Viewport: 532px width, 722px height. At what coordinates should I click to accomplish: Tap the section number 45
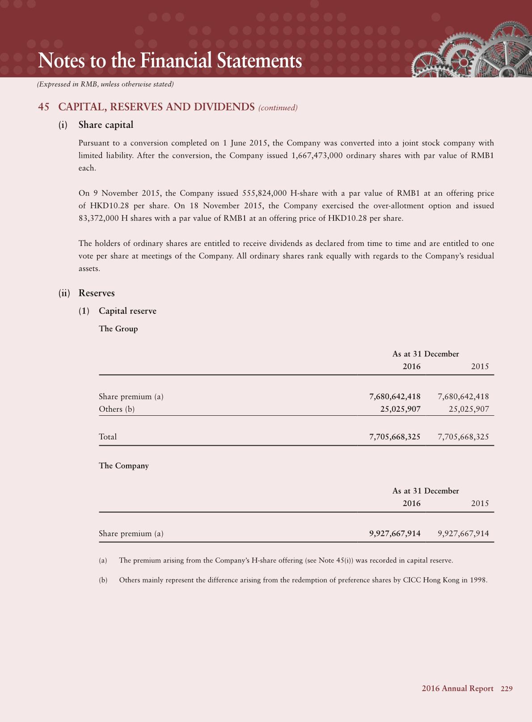coord(44,107)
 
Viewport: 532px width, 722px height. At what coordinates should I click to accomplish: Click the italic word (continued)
coord(278,108)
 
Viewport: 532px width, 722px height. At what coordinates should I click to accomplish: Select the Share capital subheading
coord(106,125)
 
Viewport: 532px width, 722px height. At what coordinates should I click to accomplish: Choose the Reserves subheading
coord(97,293)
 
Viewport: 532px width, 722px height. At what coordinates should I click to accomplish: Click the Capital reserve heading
coord(127,311)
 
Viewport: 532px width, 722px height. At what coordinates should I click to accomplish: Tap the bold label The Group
coord(118,329)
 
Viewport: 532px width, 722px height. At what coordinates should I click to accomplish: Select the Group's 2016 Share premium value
coord(395,397)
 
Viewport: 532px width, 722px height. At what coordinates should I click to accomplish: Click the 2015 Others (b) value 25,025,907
coord(469,409)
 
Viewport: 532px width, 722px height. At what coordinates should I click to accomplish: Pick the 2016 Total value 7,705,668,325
coord(395,437)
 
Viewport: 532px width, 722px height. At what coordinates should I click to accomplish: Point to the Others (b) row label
coord(117,409)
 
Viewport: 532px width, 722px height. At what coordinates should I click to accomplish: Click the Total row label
coord(108,437)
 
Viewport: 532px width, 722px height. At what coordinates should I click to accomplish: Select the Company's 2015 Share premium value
coord(463,533)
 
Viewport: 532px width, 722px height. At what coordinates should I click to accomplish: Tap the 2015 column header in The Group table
coord(480,366)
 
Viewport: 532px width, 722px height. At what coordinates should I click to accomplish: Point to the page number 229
coord(507,688)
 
